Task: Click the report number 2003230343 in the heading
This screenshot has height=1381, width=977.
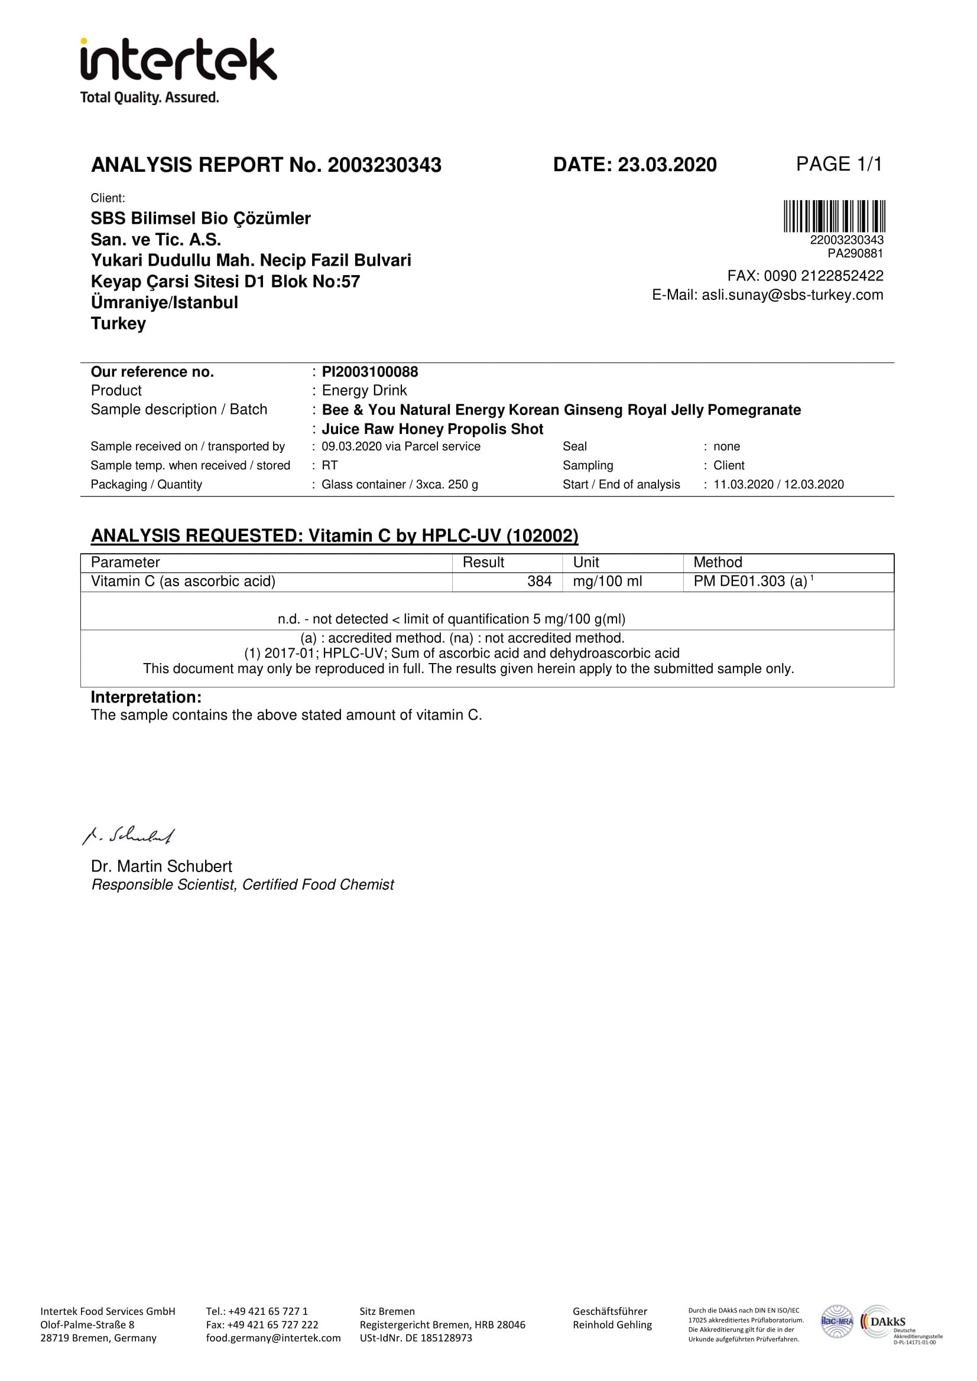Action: [x=384, y=165]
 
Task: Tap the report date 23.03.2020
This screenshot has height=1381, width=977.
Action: [x=667, y=165]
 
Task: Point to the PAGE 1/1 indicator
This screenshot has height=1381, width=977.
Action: [x=839, y=164]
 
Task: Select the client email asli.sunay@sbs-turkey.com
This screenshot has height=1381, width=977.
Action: [x=792, y=295]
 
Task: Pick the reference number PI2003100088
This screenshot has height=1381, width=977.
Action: [x=369, y=372]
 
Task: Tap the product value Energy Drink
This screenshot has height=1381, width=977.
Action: [x=364, y=390]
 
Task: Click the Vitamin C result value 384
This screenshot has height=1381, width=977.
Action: [x=540, y=581]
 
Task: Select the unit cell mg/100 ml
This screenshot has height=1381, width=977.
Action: [x=608, y=581]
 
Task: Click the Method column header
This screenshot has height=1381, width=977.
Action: [x=718, y=563]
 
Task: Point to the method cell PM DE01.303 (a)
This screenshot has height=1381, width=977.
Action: [x=750, y=581]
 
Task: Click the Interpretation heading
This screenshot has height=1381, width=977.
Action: [x=146, y=697]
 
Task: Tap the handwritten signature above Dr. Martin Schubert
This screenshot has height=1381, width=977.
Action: [x=129, y=835]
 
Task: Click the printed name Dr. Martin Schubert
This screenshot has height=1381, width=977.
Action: [x=161, y=866]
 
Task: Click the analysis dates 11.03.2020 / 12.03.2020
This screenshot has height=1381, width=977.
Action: [x=778, y=484]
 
